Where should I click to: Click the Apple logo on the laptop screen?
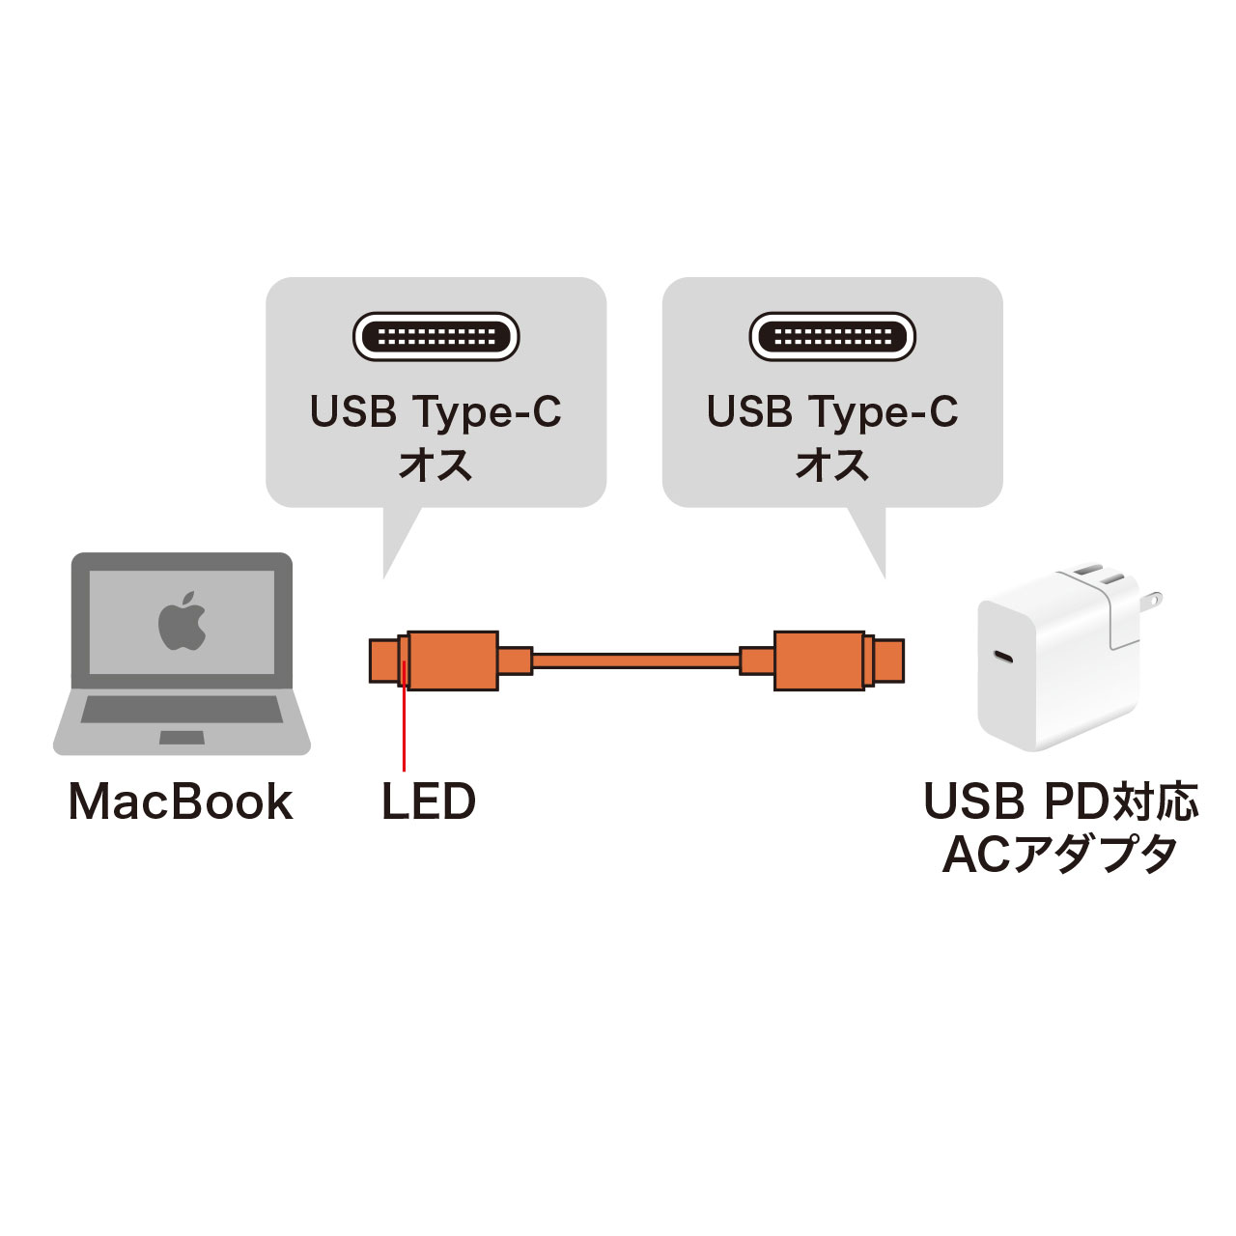coord(183,620)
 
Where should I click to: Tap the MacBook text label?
coord(181,802)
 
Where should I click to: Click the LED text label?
coord(429,802)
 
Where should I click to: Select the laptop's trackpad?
coord(182,738)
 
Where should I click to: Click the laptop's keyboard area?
coord(182,711)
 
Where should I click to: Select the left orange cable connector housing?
coord(452,660)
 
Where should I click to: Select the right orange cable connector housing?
coord(819,660)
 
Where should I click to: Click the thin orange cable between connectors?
coord(635,661)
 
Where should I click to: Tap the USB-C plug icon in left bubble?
coord(436,337)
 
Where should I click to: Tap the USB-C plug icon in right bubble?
coord(832,337)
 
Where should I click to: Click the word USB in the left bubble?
coord(353,412)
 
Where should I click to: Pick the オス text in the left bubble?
coord(435,464)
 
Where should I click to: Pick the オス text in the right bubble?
coord(832,464)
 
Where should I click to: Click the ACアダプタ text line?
coord(1060,854)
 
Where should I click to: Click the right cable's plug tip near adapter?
coord(891,660)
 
